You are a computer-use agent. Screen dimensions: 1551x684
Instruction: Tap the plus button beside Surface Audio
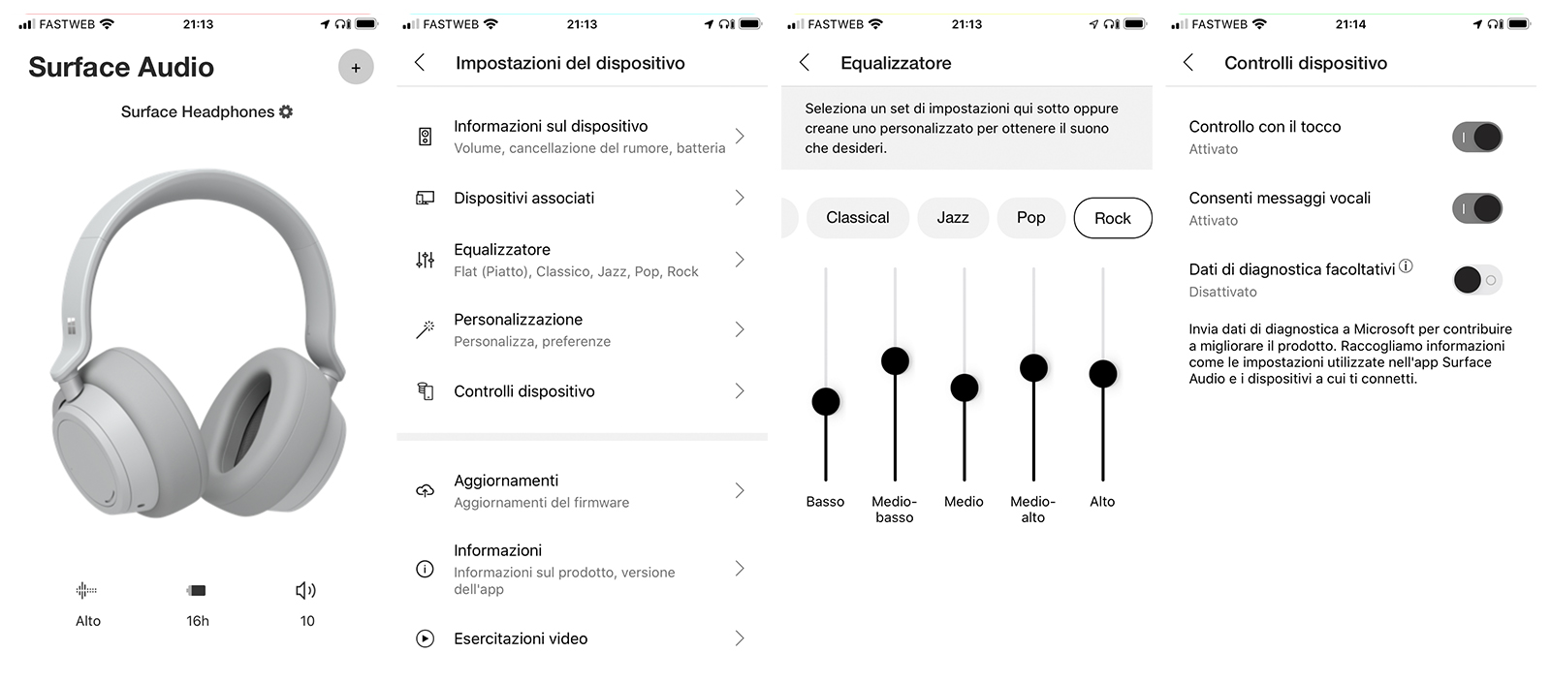click(x=356, y=67)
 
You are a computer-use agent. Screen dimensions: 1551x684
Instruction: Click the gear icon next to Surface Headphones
click(x=286, y=111)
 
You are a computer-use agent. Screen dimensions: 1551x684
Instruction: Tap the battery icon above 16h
click(x=197, y=591)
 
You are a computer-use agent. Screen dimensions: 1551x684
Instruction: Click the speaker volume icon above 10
click(x=305, y=591)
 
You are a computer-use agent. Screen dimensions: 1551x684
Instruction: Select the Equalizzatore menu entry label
click(x=502, y=249)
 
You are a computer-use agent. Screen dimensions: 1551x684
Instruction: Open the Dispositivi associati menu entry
click(x=524, y=198)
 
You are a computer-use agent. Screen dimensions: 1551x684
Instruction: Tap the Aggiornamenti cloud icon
click(x=425, y=491)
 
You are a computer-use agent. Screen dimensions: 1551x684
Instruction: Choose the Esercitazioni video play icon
click(x=425, y=638)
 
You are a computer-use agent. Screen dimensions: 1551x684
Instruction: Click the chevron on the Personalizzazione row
click(x=740, y=328)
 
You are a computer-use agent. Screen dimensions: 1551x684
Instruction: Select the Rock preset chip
click(x=1113, y=218)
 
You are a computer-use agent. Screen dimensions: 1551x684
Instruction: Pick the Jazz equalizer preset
click(x=953, y=218)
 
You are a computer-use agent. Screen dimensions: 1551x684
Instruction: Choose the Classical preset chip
click(x=857, y=218)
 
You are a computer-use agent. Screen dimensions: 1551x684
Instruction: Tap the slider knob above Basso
click(x=825, y=401)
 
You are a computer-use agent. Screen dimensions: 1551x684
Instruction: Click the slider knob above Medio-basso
click(x=895, y=360)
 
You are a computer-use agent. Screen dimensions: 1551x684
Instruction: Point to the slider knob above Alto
click(x=1103, y=374)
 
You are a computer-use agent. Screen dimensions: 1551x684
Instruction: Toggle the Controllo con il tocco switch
click(x=1477, y=137)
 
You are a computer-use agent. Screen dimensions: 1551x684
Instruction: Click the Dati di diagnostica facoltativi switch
click(x=1477, y=280)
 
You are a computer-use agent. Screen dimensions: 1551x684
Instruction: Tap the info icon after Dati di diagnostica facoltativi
click(x=1406, y=265)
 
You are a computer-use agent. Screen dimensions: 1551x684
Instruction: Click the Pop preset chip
click(x=1031, y=218)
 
